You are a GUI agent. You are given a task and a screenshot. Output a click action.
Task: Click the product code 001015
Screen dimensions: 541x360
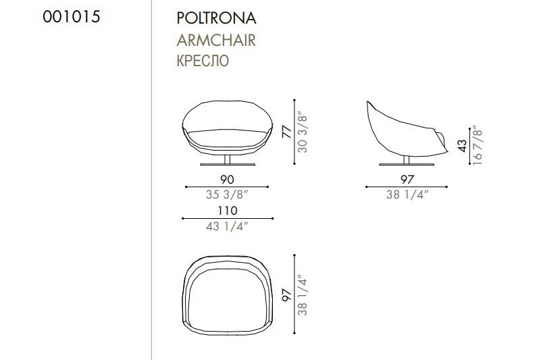coord(72,17)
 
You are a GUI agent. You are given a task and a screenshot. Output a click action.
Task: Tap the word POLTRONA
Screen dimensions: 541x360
coord(216,18)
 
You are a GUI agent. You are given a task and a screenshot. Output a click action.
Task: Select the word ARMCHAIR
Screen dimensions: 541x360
coord(216,41)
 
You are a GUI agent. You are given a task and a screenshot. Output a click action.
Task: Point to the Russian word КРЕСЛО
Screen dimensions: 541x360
coord(203,61)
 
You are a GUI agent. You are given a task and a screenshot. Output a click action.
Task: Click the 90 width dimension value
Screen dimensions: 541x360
coord(227,180)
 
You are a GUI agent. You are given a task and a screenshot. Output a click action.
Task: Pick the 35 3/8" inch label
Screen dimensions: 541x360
coord(227,195)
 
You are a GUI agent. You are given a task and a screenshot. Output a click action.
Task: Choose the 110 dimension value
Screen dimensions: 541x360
coord(228,211)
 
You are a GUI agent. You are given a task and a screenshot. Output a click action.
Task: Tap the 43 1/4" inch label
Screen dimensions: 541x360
coord(227,226)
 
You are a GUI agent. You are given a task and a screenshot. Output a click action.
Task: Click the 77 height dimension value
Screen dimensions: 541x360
coord(287,132)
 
